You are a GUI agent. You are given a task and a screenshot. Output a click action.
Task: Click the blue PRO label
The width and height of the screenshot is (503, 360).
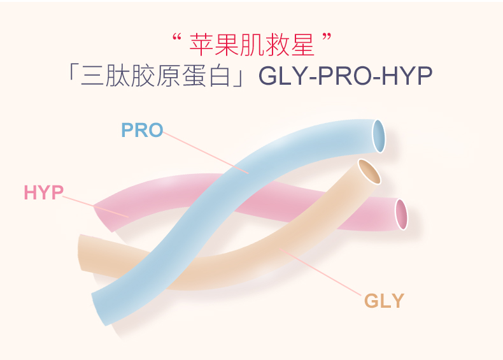click(142, 131)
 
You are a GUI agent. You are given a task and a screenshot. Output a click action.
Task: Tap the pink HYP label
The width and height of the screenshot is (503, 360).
click(44, 192)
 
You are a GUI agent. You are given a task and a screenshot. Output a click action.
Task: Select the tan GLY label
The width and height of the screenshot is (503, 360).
click(384, 300)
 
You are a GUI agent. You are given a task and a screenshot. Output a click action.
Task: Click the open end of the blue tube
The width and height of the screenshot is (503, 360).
click(379, 136)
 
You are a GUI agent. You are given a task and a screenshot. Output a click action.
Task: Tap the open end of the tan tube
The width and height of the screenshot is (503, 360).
click(369, 171)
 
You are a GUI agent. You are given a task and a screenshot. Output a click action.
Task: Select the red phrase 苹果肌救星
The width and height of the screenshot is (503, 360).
click(253, 46)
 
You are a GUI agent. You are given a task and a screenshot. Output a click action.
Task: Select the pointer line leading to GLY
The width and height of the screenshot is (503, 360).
click(325, 274)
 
